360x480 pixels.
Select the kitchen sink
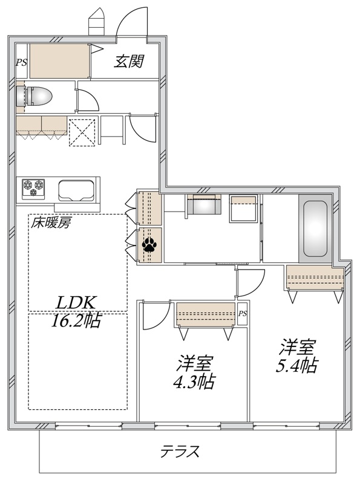[x=76, y=191]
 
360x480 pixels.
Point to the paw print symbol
[x=149, y=245]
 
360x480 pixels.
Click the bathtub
[x=315, y=227]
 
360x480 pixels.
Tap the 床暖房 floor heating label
[x=51, y=222]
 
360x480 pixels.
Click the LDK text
[x=77, y=302]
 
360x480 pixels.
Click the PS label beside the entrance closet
[x=21, y=61]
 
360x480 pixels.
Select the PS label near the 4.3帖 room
[x=242, y=314]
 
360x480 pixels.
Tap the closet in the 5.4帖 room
[x=315, y=279]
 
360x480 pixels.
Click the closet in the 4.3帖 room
[x=205, y=315]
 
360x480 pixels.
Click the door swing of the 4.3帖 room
[x=154, y=316]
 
